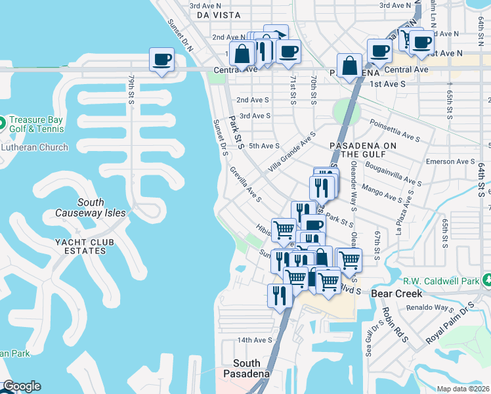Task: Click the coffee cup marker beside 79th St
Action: (161, 60)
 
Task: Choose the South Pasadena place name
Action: (246, 368)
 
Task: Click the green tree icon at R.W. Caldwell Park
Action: (487, 280)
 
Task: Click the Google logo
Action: (21, 386)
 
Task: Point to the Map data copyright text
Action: (463, 389)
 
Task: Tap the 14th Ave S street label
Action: (254, 339)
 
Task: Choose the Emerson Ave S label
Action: (450, 161)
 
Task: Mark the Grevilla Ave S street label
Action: (246, 185)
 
